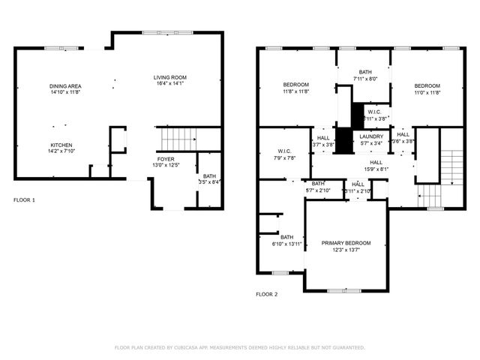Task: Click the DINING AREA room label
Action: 65,86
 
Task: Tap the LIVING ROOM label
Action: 169,77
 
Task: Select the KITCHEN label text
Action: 61,145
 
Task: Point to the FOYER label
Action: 166,159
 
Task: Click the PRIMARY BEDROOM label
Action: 346,243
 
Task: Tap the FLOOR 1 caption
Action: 24,200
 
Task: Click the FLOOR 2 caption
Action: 266,295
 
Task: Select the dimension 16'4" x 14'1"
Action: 169,84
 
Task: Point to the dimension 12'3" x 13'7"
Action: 346,250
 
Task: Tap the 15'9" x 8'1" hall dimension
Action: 376,168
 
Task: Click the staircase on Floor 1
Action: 178,139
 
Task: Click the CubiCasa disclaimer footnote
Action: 239,348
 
